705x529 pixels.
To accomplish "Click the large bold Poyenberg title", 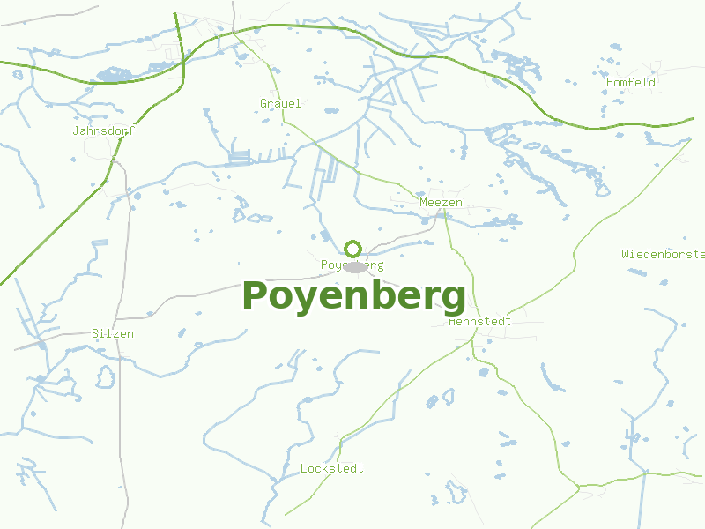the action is (353, 297).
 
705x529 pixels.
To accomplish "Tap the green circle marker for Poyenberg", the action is (353, 249).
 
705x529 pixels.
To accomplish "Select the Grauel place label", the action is (280, 104).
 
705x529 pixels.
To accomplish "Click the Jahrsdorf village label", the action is (104, 130).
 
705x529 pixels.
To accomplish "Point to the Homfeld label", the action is (631, 82).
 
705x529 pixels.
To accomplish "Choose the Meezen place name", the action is (441, 203).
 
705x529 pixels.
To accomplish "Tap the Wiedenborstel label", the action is (663, 254).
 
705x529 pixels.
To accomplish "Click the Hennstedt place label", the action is (480, 322).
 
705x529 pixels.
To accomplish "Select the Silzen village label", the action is (113, 334).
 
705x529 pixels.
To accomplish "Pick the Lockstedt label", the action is (331, 468).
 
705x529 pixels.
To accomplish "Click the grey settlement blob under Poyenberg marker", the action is (355, 267).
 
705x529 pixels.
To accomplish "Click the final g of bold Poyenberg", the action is (453, 300).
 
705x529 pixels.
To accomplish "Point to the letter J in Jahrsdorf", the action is (77, 130).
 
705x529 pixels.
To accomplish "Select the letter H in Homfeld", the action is (610, 82).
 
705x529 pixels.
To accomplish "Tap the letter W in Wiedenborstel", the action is (625, 254).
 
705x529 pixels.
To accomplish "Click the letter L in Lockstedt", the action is (304, 468).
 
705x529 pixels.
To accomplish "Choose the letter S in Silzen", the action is (95, 334).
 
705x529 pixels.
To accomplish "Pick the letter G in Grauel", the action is (263, 104).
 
